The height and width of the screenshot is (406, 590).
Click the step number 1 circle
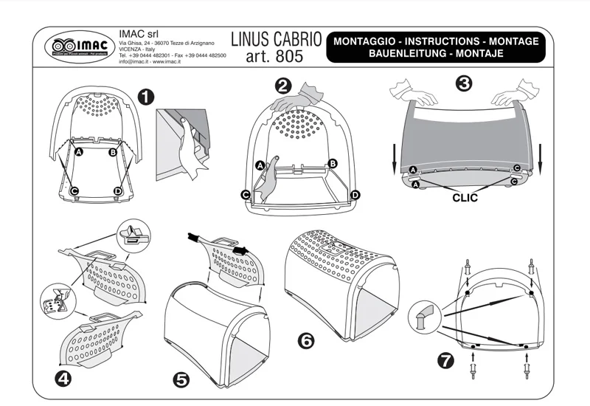pos(146,97)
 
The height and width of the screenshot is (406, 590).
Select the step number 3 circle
pos(464,83)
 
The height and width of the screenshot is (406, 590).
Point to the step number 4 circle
pos(64,378)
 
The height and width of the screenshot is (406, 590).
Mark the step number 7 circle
pos(445,360)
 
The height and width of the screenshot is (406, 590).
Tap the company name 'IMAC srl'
pos(136,33)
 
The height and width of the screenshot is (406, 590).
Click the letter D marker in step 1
pos(118,191)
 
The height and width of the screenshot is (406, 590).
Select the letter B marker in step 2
pos(333,163)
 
